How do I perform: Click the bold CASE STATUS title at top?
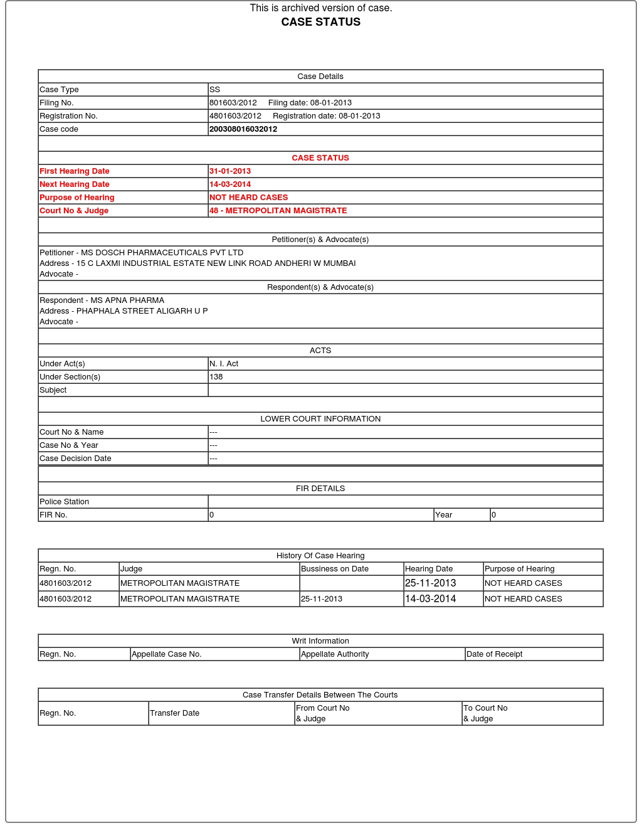[320, 22]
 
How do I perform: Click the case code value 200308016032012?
[243, 129]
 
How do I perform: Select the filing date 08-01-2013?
[330, 103]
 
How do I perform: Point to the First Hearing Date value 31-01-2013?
[230, 171]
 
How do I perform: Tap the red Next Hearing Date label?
[75, 184]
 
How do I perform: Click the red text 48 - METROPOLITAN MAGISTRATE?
[278, 211]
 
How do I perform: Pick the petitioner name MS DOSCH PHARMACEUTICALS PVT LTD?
[162, 253]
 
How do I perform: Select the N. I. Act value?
[224, 364]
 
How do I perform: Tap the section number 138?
[216, 377]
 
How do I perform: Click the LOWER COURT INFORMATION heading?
[320, 419]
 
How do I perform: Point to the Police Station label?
[65, 502]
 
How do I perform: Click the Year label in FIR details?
[443, 515]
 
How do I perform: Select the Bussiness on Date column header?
[335, 569]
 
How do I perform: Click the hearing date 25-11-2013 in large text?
[430, 583]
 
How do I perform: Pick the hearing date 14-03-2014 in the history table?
[430, 599]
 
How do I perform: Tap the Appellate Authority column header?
[335, 654]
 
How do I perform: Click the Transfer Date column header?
[174, 713]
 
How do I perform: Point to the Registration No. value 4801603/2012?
[235, 116]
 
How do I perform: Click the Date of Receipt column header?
[494, 654]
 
